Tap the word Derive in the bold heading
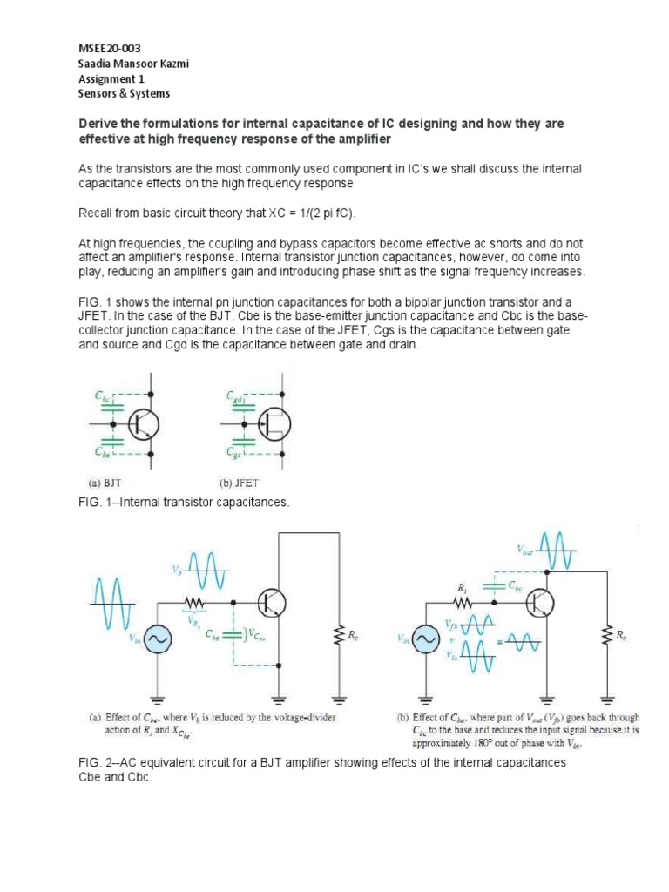tap(100, 125)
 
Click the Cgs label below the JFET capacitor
tap(235, 453)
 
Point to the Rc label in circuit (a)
tap(352, 637)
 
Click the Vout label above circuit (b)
tap(525, 549)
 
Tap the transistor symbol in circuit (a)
tap(271, 601)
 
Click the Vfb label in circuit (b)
tap(450, 625)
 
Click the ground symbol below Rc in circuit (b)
tap(608, 696)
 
